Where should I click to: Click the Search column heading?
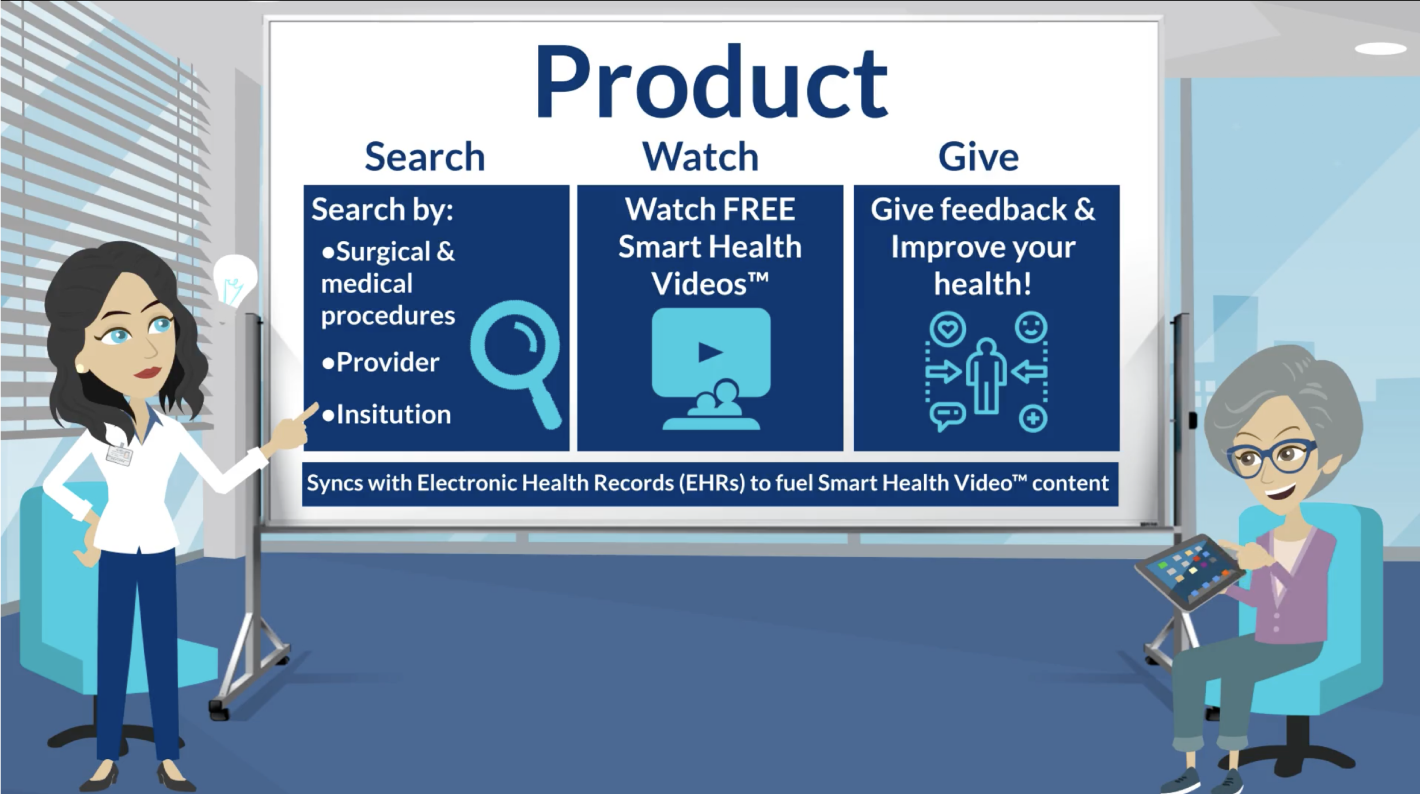pyautogui.click(x=425, y=157)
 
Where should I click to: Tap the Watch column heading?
pyautogui.click(x=700, y=157)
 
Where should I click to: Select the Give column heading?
pyautogui.click(x=978, y=157)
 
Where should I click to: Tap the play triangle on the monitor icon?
pyautogui.click(x=709, y=352)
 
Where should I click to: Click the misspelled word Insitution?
pyautogui.click(x=393, y=414)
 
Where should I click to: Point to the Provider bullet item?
pyautogui.click(x=387, y=362)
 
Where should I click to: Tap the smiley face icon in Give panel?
pyautogui.click(x=1031, y=327)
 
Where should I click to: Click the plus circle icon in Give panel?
pyautogui.click(x=1032, y=418)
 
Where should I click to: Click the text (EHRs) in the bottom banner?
pyautogui.click(x=712, y=483)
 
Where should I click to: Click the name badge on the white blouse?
pyautogui.click(x=119, y=455)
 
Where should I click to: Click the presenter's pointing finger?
pyautogui.click(x=308, y=412)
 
